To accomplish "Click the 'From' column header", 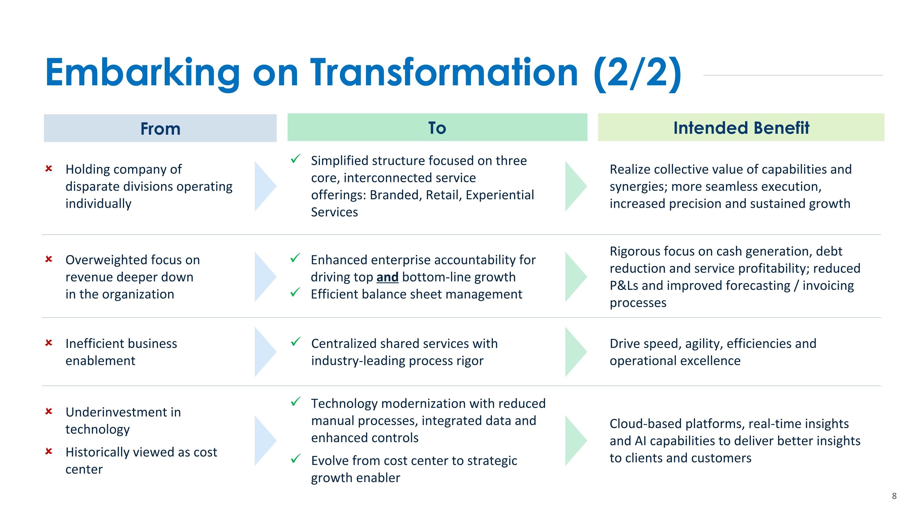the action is (x=160, y=128).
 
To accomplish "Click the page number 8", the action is (x=894, y=496).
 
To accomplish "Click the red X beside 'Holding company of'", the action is (x=49, y=168).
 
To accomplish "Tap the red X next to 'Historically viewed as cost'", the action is (x=49, y=451).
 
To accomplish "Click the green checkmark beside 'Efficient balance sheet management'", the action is (x=296, y=293).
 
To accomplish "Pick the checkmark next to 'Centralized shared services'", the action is (x=296, y=342).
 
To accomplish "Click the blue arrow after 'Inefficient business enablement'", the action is (x=265, y=352).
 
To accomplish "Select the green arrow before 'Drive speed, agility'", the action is (x=576, y=352).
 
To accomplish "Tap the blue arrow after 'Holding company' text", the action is (x=265, y=186).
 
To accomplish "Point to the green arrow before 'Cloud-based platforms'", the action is (x=576, y=441).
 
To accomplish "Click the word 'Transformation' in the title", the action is (x=444, y=73).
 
